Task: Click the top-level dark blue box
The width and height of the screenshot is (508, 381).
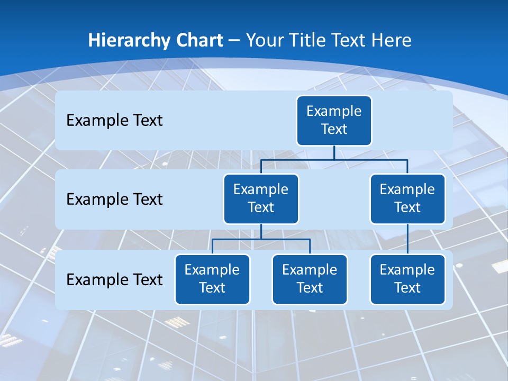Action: click(x=334, y=121)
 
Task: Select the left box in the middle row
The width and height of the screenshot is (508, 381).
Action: click(x=261, y=199)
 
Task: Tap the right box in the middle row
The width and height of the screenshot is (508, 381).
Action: click(x=407, y=199)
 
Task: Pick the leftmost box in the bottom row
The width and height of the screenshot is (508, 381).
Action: click(x=212, y=279)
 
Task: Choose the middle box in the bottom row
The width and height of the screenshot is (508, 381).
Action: click(x=310, y=279)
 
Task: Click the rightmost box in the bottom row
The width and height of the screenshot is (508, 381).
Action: click(x=407, y=279)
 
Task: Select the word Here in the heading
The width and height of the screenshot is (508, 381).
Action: click(x=391, y=40)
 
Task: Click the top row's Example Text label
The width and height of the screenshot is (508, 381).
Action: click(x=114, y=121)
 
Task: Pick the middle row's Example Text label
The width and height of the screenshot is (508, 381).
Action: click(x=114, y=199)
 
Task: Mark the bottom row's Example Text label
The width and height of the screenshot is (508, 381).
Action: click(x=114, y=279)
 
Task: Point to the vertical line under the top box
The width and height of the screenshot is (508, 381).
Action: click(x=334, y=152)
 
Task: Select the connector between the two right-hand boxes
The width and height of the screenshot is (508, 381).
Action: click(x=407, y=239)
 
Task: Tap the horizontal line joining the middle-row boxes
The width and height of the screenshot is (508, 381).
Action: click(x=334, y=159)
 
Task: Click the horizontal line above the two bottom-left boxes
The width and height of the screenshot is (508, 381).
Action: click(x=261, y=239)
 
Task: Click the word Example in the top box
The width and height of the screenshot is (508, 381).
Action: click(x=334, y=111)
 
